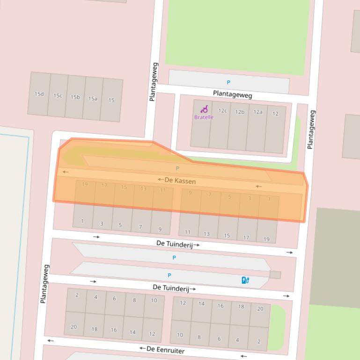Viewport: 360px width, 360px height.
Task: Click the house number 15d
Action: (x=39, y=94)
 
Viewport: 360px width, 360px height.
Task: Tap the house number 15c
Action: (x=58, y=95)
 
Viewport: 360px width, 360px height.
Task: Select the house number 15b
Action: (x=75, y=97)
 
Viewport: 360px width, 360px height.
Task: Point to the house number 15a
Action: (x=93, y=99)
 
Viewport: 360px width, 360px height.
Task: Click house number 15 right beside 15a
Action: (x=111, y=100)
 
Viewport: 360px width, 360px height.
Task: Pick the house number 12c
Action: (x=222, y=111)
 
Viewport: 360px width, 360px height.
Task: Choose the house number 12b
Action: (x=240, y=112)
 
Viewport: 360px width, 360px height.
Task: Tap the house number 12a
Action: (x=257, y=112)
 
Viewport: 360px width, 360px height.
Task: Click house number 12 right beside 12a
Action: (x=275, y=114)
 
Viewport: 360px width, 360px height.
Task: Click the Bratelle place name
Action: (x=204, y=117)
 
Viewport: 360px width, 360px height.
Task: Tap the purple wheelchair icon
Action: (x=204, y=109)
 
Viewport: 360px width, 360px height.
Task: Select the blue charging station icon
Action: (x=245, y=280)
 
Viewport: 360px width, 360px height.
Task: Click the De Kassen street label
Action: (x=180, y=180)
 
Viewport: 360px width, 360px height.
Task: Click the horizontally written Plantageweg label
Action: (x=233, y=94)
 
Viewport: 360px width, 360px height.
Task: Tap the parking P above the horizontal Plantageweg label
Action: (x=228, y=82)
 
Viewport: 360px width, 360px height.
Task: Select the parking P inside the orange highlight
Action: (x=177, y=168)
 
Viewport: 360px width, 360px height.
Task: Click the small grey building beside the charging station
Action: (x=275, y=275)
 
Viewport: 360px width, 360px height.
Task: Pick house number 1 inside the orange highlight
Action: (x=269, y=199)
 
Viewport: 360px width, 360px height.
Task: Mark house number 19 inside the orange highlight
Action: (x=85, y=185)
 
